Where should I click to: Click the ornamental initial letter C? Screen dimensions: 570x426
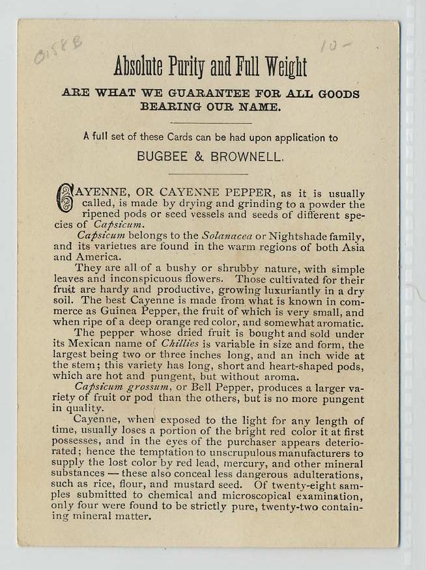point(64,198)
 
